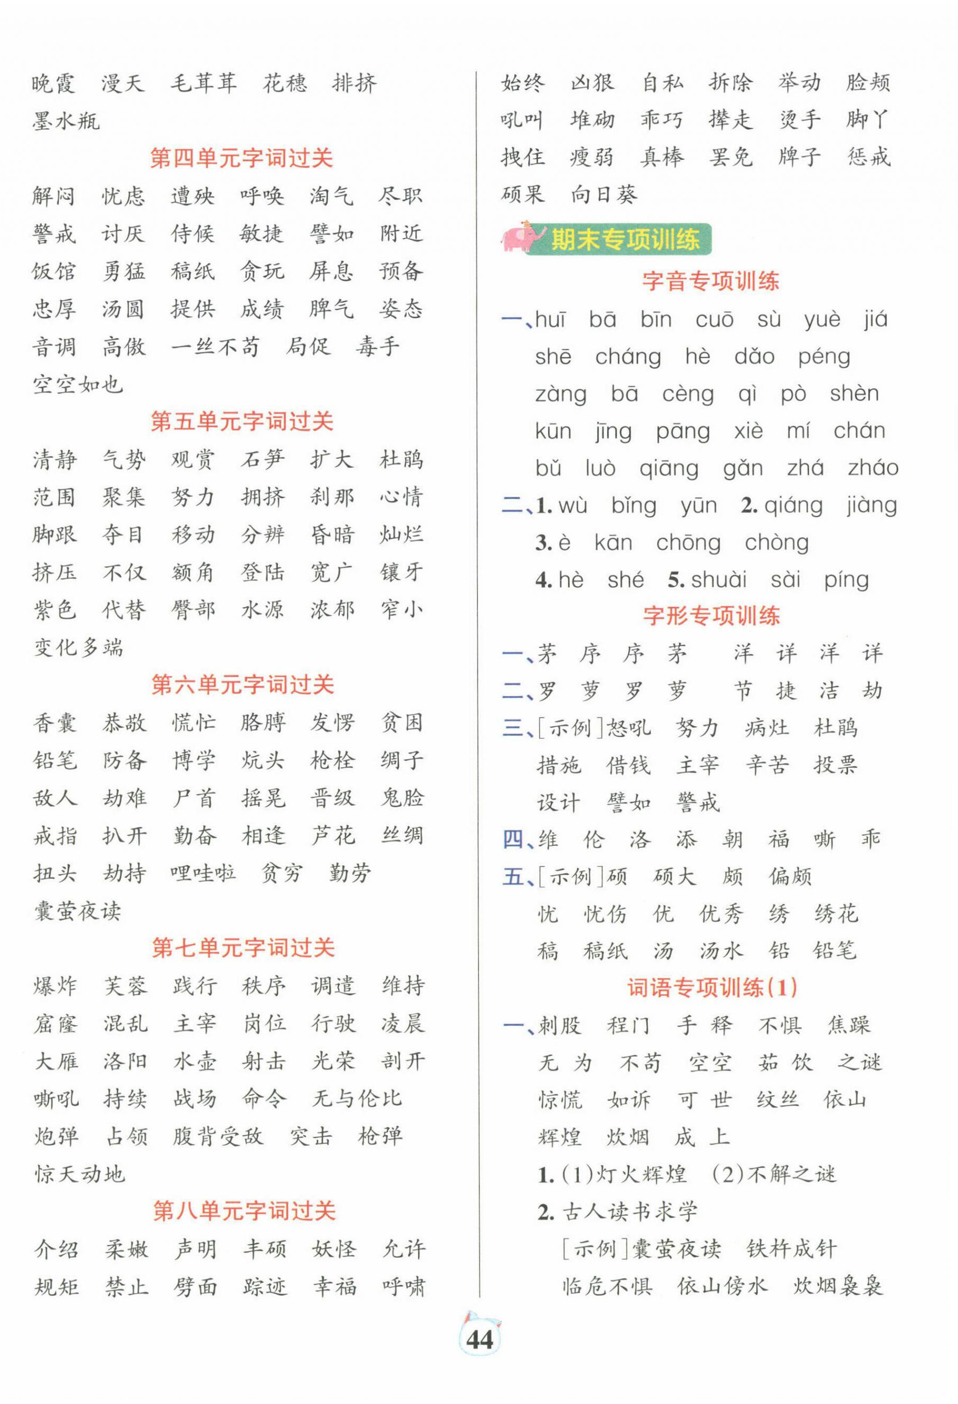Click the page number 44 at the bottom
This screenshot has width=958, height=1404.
click(480, 1340)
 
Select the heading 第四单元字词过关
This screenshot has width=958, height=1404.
click(242, 158)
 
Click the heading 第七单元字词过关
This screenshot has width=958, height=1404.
click(243, 947)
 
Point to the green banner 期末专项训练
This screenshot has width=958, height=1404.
click(625, 239)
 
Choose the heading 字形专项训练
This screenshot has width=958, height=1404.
click(711, 616)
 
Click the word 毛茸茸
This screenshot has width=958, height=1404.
click(204, 83)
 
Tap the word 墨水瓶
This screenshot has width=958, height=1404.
click(66, 121)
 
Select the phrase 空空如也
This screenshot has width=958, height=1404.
click(78, 384)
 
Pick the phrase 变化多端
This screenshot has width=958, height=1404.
click(78, 647)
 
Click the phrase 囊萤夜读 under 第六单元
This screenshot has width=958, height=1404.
click(78, 911)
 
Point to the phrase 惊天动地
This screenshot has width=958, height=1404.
click(79, 1174)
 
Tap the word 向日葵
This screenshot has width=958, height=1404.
click(603, 195)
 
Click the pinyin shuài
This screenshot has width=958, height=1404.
click(719, 579)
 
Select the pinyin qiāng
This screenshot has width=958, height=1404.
click(669, 468)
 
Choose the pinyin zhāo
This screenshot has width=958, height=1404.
click(873, 468)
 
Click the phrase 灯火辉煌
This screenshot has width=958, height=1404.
click(641, 1173)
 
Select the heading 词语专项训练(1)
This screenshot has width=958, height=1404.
click(712, 987)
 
